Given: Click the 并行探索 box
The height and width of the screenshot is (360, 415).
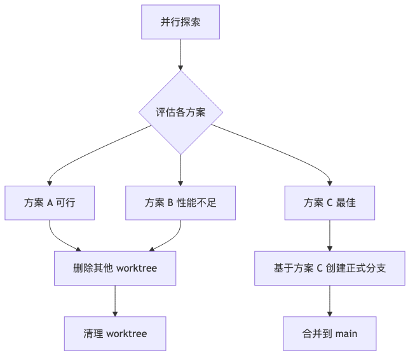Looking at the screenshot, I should pyautogui.click(x=180, y=22).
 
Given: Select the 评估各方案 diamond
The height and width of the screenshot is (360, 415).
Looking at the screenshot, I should pyautogui.click(x=180, y=113).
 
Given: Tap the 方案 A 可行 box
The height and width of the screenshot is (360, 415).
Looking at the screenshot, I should pyautogui.click(x=50, y=203).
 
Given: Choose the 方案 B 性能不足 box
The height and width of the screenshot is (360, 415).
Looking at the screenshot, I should pyautogui.click(x=180, y=203).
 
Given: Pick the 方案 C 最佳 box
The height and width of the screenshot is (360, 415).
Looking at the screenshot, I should pyautogui.click(x=329, y=203).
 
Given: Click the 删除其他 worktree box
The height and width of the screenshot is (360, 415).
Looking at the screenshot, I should pyautogui.click(x=115, y=268).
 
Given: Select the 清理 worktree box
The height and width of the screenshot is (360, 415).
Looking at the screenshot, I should pyautogui.click(x=115, y=333).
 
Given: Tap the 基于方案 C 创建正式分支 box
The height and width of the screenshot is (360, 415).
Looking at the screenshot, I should pyautogui.click(x=329, y=268).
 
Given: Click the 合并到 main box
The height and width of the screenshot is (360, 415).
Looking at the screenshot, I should pyautogui.click(x=329, y=333).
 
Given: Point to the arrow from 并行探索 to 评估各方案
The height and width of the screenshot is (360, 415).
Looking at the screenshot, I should pyautogui.click(x=180, y=55).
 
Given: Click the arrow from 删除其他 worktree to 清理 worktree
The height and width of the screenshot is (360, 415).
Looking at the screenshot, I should pyautogui.click(x=115, y=300).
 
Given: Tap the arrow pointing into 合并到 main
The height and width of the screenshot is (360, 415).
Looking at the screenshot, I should pyautogui.click(x=329, y=301).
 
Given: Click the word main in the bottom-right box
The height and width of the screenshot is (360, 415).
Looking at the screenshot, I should pyautogui.click(x=346, y=333).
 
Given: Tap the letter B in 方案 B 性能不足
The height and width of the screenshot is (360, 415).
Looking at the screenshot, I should pyautogui.click(x=170, y=203).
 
